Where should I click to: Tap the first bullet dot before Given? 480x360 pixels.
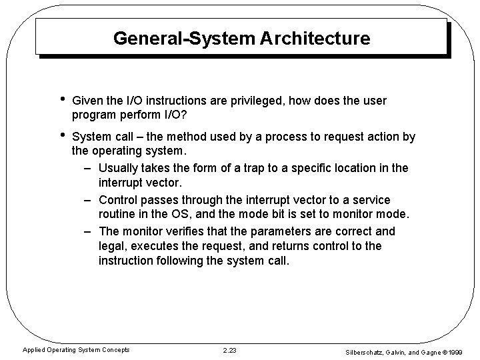[62, 100]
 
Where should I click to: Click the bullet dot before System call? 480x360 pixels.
[62, 136]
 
